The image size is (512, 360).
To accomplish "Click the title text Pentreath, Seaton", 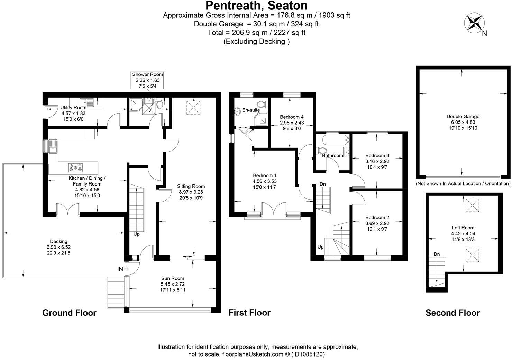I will click(256, 6).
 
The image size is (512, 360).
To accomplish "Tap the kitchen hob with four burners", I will click(76, 168).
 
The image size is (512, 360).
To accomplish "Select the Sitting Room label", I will click(191, 186).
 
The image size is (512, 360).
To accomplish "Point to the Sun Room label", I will click(173, 278).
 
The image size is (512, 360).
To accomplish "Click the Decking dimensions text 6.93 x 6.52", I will click(58, 247).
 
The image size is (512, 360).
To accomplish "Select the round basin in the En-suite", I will click(238, 111).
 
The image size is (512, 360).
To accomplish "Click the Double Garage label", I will click(463, 117).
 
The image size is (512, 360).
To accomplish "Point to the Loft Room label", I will click(463, 228).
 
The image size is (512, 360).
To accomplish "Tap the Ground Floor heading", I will click(69, 313).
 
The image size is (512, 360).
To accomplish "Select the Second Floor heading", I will click(452, 313).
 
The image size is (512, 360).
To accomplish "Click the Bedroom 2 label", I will click(377, 217).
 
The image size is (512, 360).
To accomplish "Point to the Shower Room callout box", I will click(147, 80).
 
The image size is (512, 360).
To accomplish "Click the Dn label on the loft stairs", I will click(437, 254).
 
